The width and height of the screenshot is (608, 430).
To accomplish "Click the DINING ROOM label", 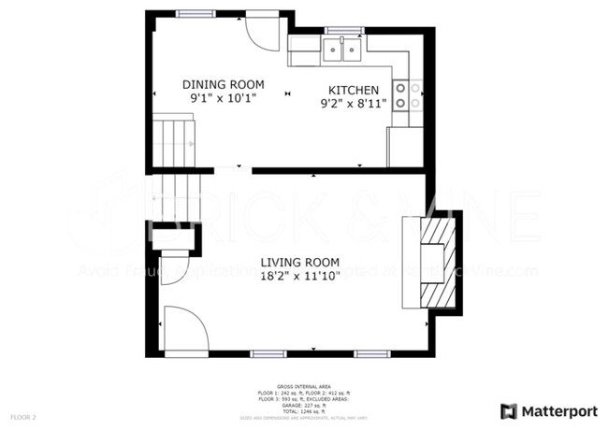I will [223, 84].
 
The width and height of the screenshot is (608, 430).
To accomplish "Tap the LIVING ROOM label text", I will [299, 263].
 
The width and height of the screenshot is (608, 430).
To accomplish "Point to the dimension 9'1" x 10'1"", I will [223, 97].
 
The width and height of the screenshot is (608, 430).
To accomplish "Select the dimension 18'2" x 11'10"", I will [299, 277].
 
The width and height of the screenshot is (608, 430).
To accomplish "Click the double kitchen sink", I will [343, 50].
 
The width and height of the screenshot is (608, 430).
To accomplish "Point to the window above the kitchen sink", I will [343, 31].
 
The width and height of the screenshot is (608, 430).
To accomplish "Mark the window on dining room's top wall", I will [195, 12].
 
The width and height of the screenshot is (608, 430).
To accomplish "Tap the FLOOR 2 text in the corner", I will [23, 416].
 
